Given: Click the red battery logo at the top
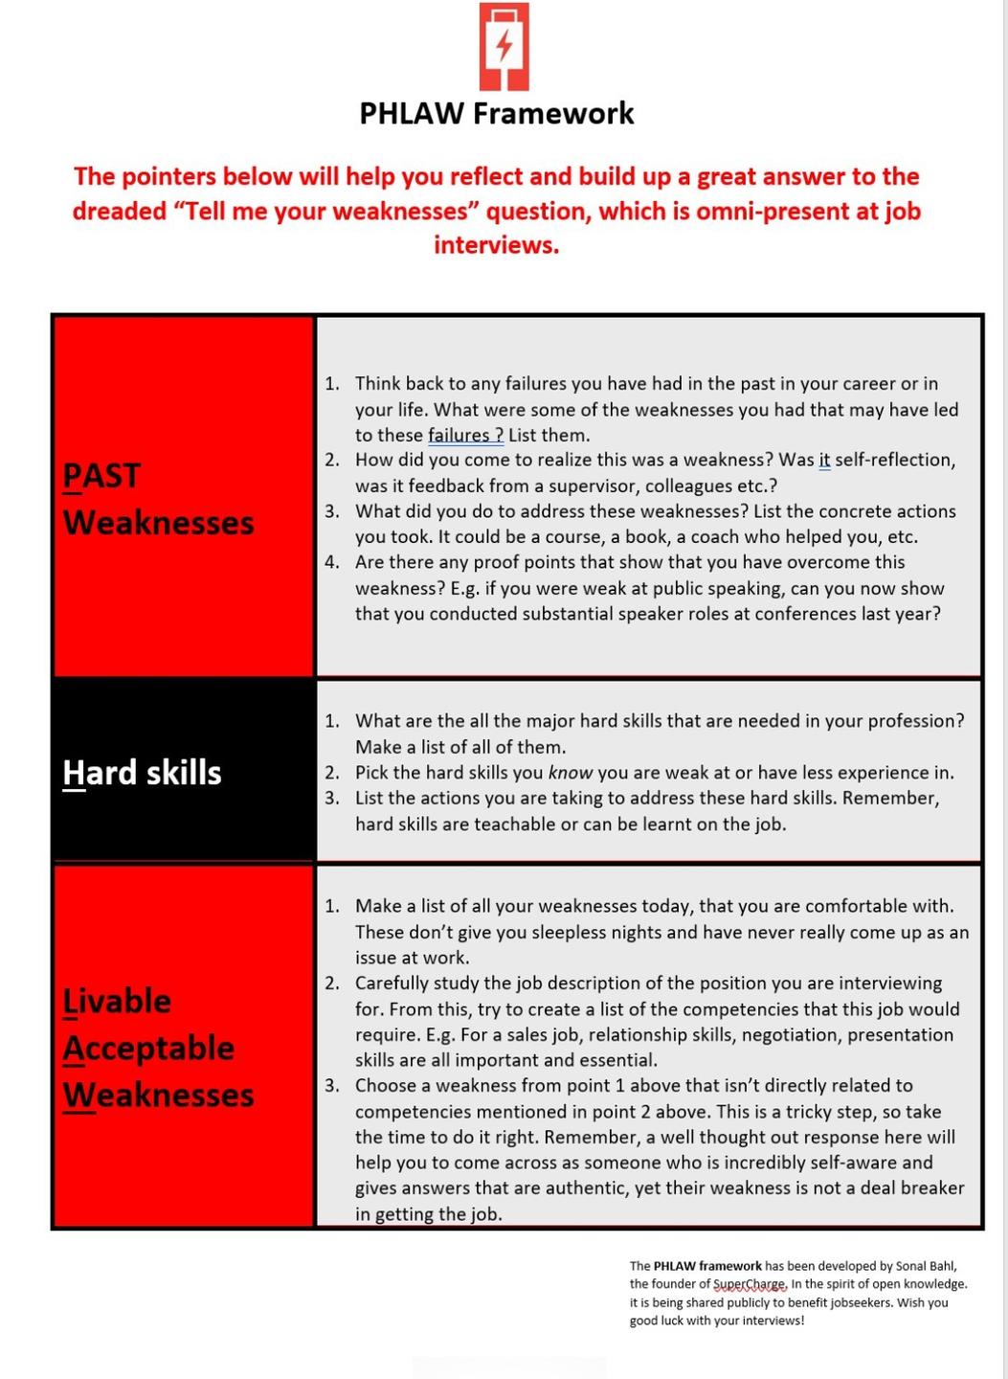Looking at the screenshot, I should point(504,46).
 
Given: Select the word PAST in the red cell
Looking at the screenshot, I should point(101,475).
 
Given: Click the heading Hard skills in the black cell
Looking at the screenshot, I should point(142,772).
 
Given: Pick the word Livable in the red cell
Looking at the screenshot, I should point(117,1001).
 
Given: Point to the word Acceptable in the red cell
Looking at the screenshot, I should point(148,1048).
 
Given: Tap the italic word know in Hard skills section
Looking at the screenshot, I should point(571,772).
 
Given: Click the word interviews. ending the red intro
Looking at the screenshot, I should point(496,245).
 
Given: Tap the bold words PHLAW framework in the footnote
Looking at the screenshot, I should point(707,1266).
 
